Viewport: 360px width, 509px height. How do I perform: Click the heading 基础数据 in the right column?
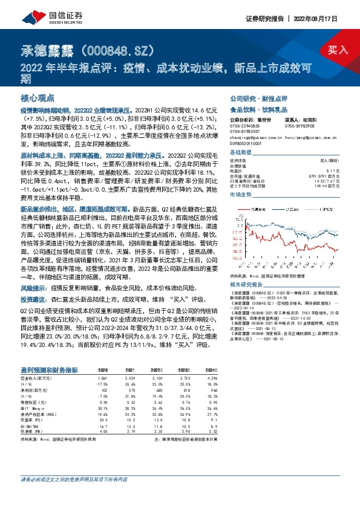point(241,152)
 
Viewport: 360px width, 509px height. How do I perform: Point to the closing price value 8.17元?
point(325,170)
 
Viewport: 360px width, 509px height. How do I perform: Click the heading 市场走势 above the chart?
point(241,195)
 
